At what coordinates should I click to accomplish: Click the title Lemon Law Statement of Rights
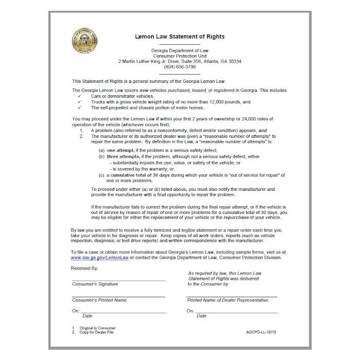pyautogui.click(x=179, y=37)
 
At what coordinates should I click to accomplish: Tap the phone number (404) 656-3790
pyautogui.click(x=179, y=67)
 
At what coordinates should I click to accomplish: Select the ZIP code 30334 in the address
pyautogui.click(x=233, y=61)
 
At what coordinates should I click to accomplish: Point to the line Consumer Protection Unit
pyautogui.click(x=179, y=56)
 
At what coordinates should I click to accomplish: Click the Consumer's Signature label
pyautogui.click(x=95, y=284)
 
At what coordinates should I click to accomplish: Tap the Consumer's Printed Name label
pyautogui.click(x=99, y=300)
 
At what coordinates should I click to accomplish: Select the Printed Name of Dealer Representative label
pyautogui.click(x=227, y=300)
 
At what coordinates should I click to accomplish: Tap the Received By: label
pyautogui.click(x=85, y=268)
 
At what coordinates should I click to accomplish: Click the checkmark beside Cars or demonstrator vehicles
pyautogui.click(x=79, y=96)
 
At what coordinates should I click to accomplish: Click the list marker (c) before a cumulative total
pyautogui.click(x=102, y=175)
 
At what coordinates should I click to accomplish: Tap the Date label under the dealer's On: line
pyautogui.click(x=201, y=316)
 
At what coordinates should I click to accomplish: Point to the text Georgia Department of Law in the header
pyautogui.click(x=179, y=50)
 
